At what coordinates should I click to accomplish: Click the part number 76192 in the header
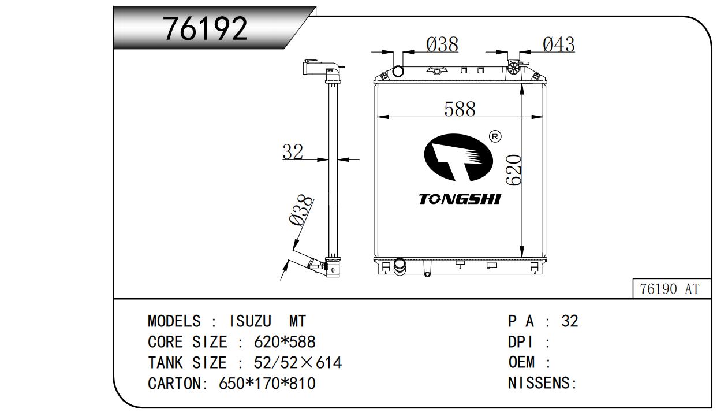[205, 29]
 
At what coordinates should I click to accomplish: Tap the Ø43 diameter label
[559, 44]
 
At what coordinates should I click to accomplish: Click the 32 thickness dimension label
[293, 151]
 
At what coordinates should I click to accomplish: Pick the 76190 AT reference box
[672, 288]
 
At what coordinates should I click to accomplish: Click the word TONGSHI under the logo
[460, 199]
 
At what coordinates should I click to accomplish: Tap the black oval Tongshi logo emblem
[458, 157]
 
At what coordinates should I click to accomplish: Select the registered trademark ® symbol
[495, 136]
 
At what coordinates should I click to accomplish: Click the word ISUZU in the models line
[250, 321]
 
